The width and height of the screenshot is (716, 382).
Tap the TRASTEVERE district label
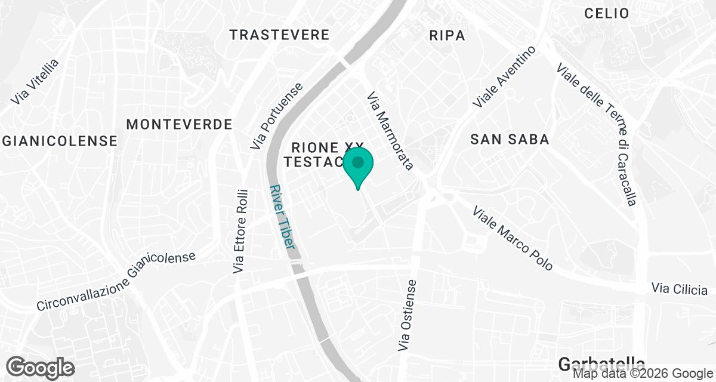click(x=279, y=35)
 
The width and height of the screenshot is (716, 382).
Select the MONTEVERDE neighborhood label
click(x=179, y=124)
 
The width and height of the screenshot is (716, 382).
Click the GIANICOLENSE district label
click(x=60, y=141)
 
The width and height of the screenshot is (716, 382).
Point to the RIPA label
click(x=447, y=36)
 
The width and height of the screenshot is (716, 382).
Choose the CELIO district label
click(x=607, y=13)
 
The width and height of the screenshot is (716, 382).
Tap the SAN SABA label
click(x=509, y=140)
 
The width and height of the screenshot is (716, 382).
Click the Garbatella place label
click(x=602, y=363)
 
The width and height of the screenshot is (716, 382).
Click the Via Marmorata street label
click(x=390, y=131)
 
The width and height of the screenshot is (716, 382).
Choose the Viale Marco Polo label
click(x=513, y=238)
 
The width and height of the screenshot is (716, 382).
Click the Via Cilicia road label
click(x=680, y=289)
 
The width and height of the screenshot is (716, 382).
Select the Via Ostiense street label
click(x=409, y=315)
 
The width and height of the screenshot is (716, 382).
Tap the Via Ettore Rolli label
click(x=240, y=231)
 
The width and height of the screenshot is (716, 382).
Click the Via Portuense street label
click(x=276, y=116)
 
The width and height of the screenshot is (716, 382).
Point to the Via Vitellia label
click(x=36, y=81)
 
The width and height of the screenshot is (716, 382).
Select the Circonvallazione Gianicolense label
click(x=116, y=282)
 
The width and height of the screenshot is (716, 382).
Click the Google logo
click(x=40, y=366)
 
